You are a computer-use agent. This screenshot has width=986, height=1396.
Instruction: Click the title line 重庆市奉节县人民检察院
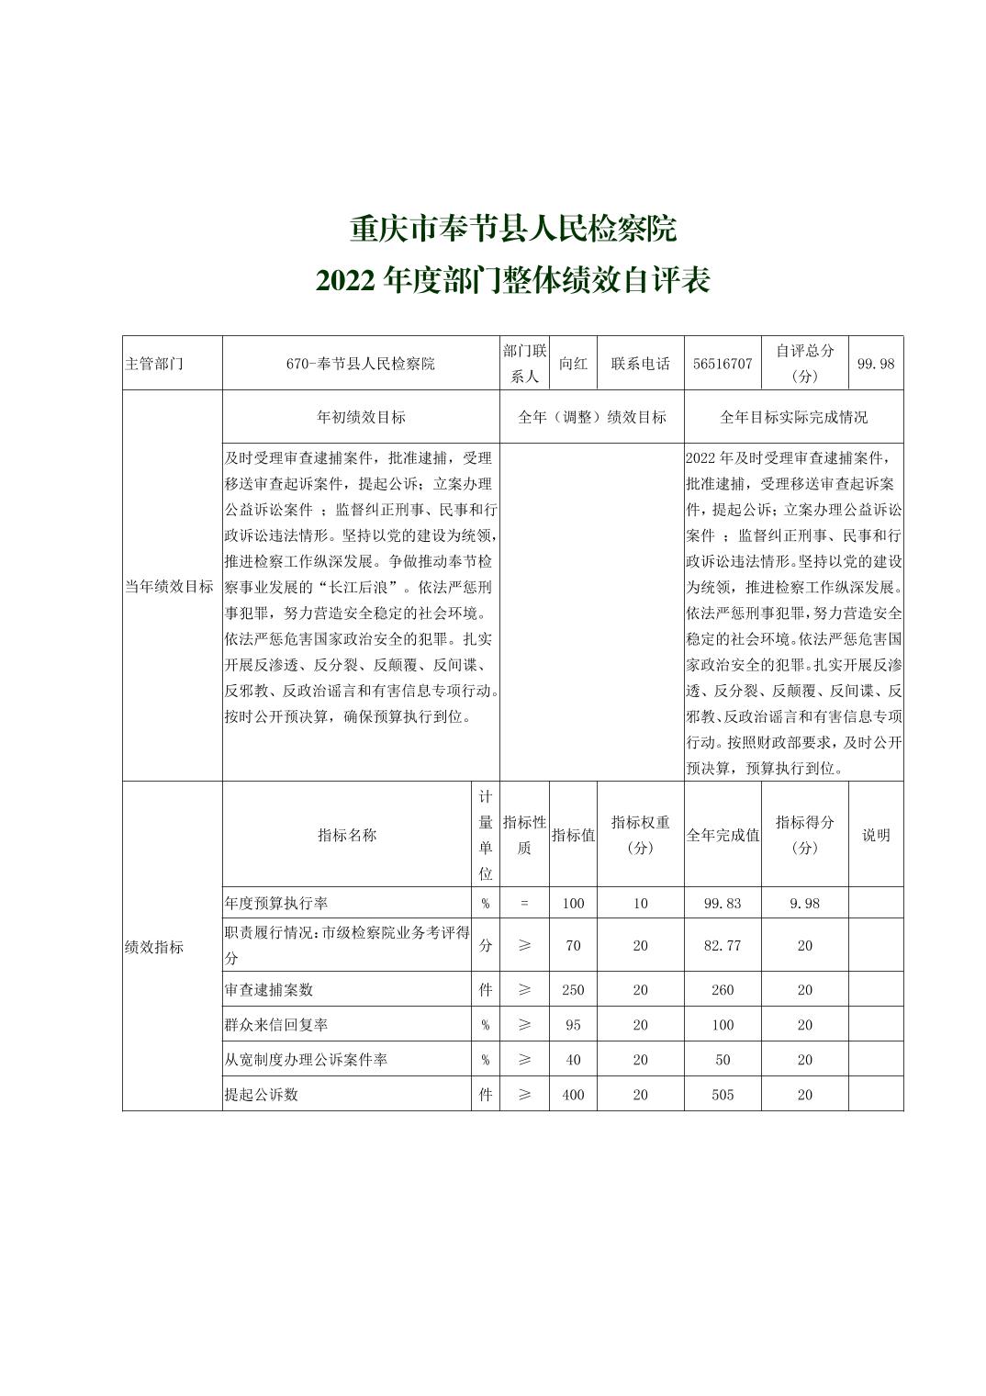[512, 229]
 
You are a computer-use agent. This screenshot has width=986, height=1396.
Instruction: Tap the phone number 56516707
[723, 364]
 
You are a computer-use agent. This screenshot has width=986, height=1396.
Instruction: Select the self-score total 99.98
[875, 364]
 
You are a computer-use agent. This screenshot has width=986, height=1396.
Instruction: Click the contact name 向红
[573, 364]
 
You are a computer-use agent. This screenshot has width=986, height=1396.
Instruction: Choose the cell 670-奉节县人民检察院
[360, 364]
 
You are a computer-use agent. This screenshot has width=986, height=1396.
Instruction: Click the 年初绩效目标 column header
[361, 417]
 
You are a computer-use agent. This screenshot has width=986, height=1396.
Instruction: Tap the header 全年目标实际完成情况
[793, 417]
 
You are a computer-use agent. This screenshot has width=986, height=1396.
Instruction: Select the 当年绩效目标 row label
[169, 586]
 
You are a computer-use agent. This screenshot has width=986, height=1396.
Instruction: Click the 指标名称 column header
[347, 835]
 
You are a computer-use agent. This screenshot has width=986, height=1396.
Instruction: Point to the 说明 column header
[876, 835]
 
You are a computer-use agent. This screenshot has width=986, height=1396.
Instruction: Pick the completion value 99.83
[723, 903]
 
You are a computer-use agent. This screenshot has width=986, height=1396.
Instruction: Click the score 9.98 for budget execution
[804, 903]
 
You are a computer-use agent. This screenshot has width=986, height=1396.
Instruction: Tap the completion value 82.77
[723, 945]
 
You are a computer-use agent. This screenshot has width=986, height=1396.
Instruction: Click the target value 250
[573, 990]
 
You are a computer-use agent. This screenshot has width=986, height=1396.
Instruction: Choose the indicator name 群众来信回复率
[276, 1025]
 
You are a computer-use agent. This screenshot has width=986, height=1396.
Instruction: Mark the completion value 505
[723, 1095]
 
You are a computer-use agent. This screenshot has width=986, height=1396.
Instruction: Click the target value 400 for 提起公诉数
[573, 1095]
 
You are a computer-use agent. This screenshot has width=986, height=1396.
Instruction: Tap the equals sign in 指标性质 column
[524, 903]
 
